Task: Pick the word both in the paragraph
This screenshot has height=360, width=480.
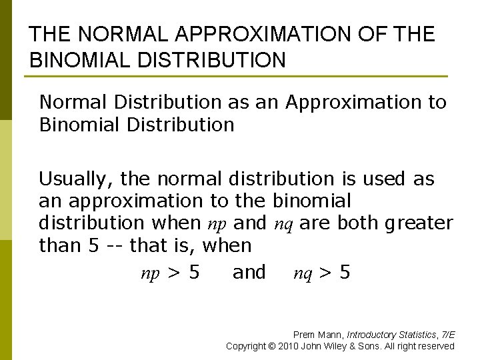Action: tap(358, 223)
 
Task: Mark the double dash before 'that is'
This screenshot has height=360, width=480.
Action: tap(115, 245)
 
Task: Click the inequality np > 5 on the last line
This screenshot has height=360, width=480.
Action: tap(169, 273)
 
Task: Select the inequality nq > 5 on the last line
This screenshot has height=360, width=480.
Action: tap(322, 273)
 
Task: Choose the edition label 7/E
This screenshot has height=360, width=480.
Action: tap(448, 335)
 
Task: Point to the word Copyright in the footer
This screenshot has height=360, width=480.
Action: tap(247, 346)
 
